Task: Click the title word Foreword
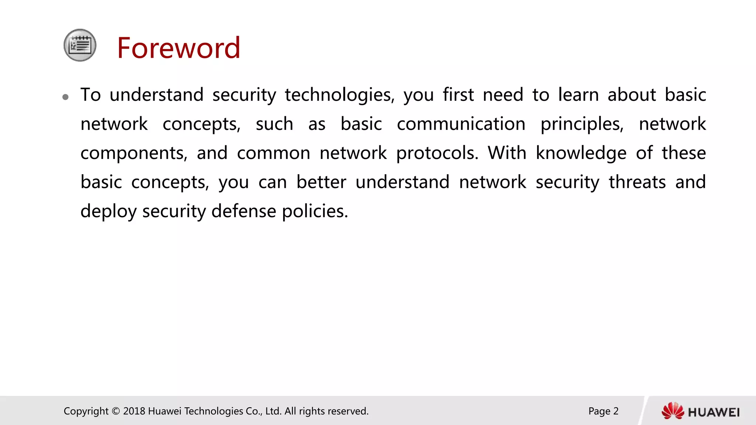pyautogui.click(x=179, y=48)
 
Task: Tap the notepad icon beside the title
pyautogui.click(x=80, y=45)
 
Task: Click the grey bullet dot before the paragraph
pyautogui.click(x=66, y=97)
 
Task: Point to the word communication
pyautogui.click(x=461, y=124)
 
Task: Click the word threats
pyautogui.click(x=637, y=182)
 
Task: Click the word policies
pyautogui.click(x=315, y=211)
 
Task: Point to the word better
pyautogui.click(x=321, y=182)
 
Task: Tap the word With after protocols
pyautogui.click(x=507, y=153)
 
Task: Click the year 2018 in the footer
pyautogui.click(x=134, y=411)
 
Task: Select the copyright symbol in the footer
pyautogui.click(x=116, y=411)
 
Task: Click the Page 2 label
pyautogui.click(x=603, y=411)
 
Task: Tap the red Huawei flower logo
pyautogui.click(x=673, y=411)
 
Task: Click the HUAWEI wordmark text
pyautogui.click(x=714, y=412)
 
